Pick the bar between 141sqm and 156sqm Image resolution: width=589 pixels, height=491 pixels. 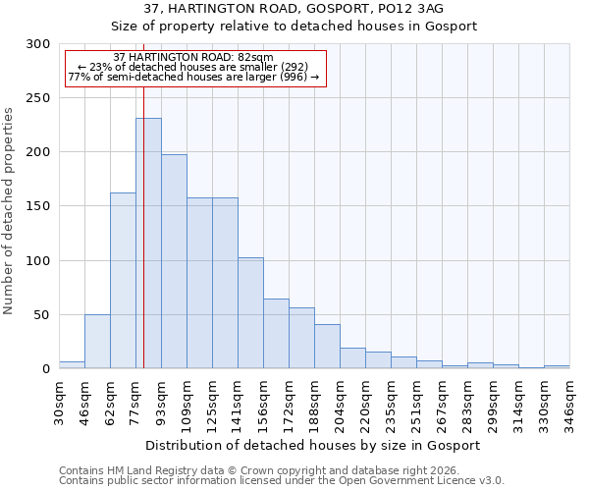pos(250,313)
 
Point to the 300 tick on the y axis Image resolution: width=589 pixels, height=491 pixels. pos(38,44)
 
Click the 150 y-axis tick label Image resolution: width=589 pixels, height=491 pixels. pos(38,207)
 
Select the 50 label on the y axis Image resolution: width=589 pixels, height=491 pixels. pos(42,315)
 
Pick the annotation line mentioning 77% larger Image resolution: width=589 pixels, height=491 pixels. pos(193,77)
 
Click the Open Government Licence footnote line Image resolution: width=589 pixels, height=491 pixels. pos(281,481)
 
